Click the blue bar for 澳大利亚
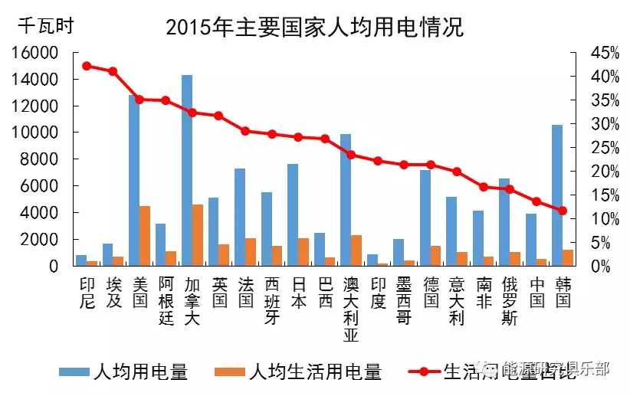(x=346, y=200)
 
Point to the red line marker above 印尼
(x=87, y=66)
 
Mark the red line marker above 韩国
(x=563, y=211)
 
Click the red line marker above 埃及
(x=113, y=71)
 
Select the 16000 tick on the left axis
(x=35, y=53)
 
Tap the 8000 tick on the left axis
(x=40, y=159)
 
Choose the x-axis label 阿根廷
(x=166, y=301)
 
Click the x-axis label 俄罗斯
(x=509, y=301)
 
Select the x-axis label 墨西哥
(x=403, y=301)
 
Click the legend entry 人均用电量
(x=127, y=372)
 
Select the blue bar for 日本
(x=293, y=215)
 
